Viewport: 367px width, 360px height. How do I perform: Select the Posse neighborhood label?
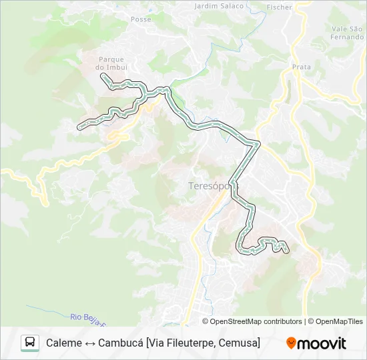pyautogui.click(x=141, y=19)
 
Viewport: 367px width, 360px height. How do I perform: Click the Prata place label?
pyautogui.click(x=302, y=67)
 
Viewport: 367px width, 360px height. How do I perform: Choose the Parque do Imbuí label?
pyautogui.click(x=112, y=63)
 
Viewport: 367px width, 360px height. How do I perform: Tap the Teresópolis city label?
pyautogui.click(x=204, y=187)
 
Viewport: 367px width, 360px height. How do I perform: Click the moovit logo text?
pyautogui.click(x=323, y=343)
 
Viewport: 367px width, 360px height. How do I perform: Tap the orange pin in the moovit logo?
pyautogui.click(x=291, y=343)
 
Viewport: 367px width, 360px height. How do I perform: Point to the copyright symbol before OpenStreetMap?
pyautogui.click(x=206, y=321)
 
